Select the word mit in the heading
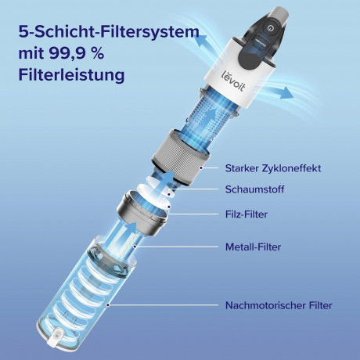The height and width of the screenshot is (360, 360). (x=31, y=56)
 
